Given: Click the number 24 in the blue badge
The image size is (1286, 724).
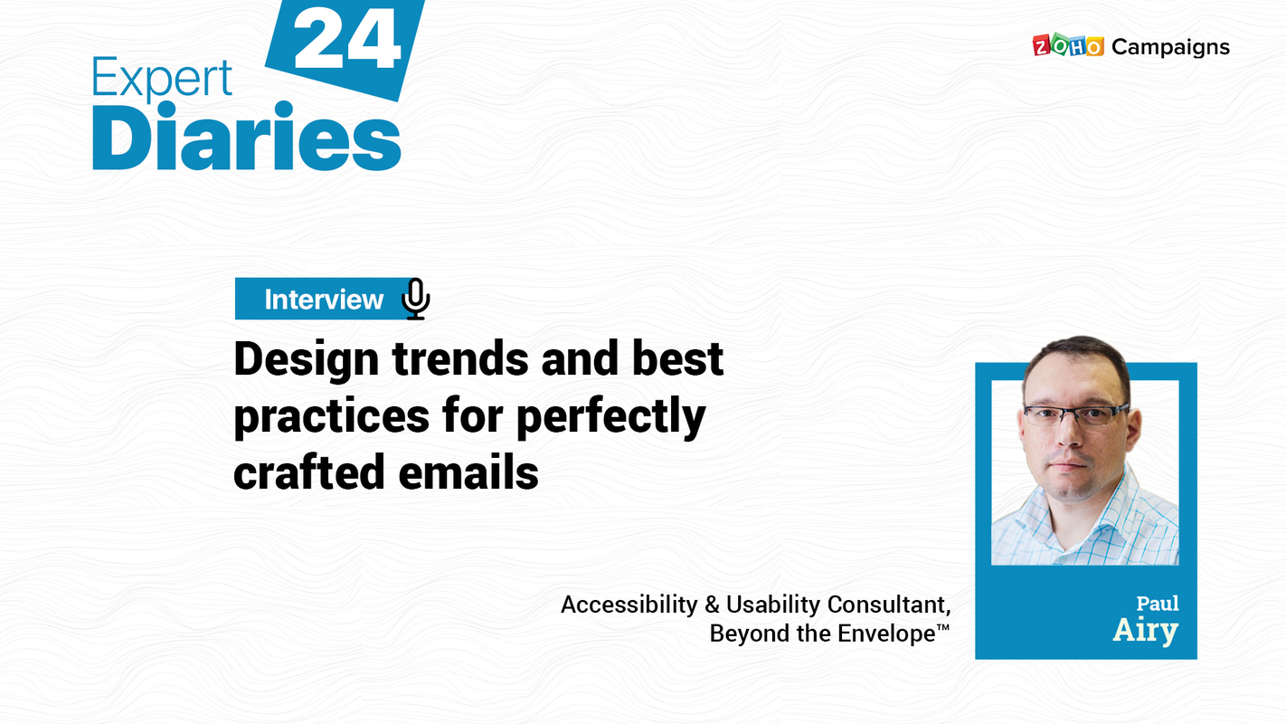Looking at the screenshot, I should [346, 42].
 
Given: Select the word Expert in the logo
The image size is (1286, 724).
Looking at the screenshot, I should [162, 79].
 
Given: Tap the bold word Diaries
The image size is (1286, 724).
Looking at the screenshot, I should [246, 138].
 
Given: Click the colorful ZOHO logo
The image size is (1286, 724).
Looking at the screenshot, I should [1067, 46].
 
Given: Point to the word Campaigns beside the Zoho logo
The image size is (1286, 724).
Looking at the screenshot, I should [1170, 47].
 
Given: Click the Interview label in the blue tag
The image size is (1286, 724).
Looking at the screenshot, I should [324, 300].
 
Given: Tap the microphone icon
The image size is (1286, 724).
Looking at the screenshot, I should [415, 299].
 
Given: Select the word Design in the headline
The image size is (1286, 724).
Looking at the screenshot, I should [306, 359].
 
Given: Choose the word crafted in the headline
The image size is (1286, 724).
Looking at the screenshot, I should [305, 473].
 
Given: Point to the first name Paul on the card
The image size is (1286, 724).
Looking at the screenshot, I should [1158, 604].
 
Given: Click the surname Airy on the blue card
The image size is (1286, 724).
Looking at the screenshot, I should [1145, 631].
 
